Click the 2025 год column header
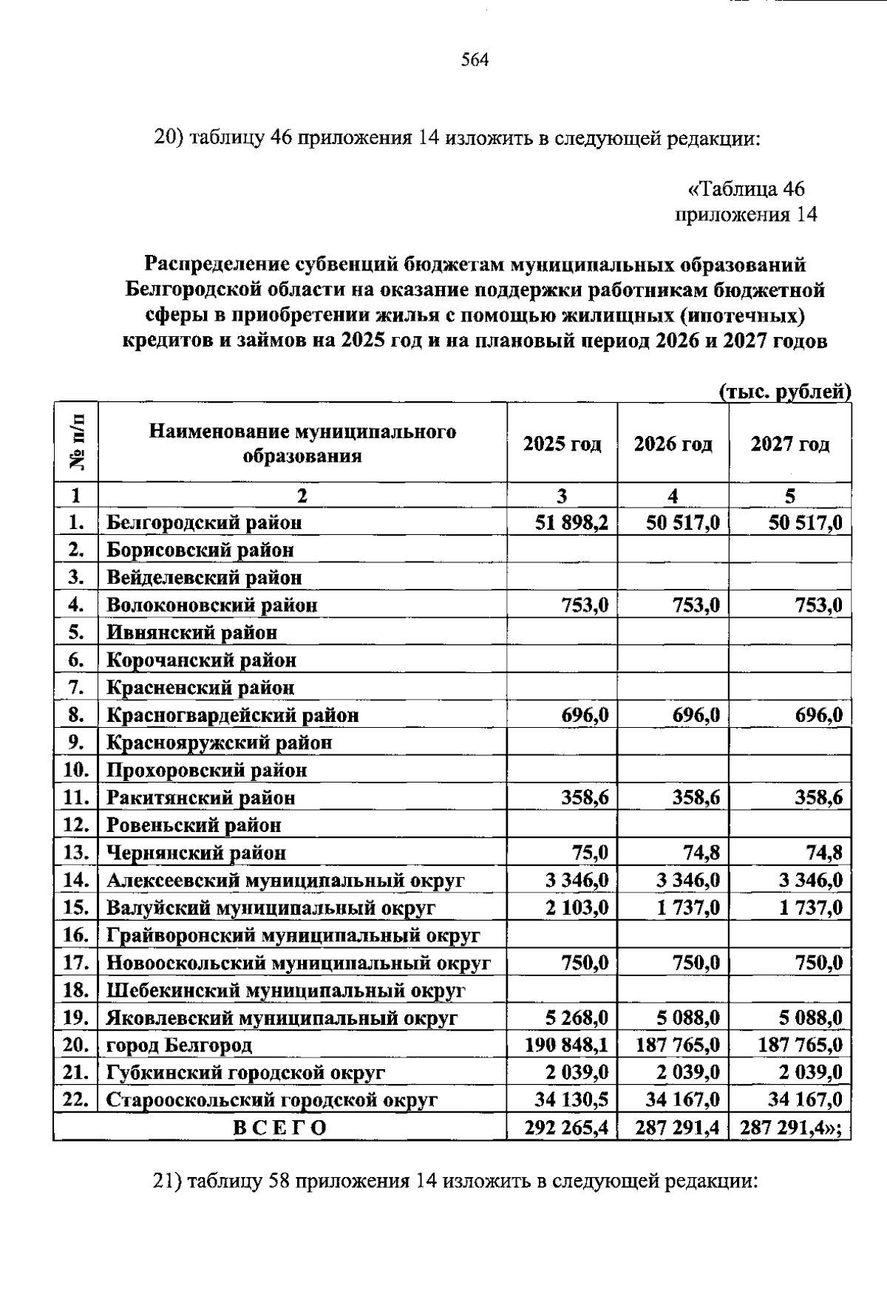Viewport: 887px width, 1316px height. point(562,444)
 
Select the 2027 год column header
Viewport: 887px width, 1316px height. point(789,444)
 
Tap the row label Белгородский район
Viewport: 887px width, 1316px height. point(204,523)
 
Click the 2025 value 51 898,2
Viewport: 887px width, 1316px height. point(571,523)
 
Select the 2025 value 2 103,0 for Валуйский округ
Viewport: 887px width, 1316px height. point(577,908)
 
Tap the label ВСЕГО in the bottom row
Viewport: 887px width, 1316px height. point(279,1128)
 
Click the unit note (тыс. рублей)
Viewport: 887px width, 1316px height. point(785,392)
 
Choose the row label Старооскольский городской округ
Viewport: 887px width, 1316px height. point(271,1100)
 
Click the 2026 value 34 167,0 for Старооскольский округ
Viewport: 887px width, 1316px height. point(682,1100)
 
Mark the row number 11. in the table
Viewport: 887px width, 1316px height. point(76,798)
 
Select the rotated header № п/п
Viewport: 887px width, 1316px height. point(76,443)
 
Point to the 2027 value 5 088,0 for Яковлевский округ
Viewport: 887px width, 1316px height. point(810,1018)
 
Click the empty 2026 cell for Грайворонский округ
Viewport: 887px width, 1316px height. point(673,935)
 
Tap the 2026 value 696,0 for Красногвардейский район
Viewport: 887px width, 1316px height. point(696,715)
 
